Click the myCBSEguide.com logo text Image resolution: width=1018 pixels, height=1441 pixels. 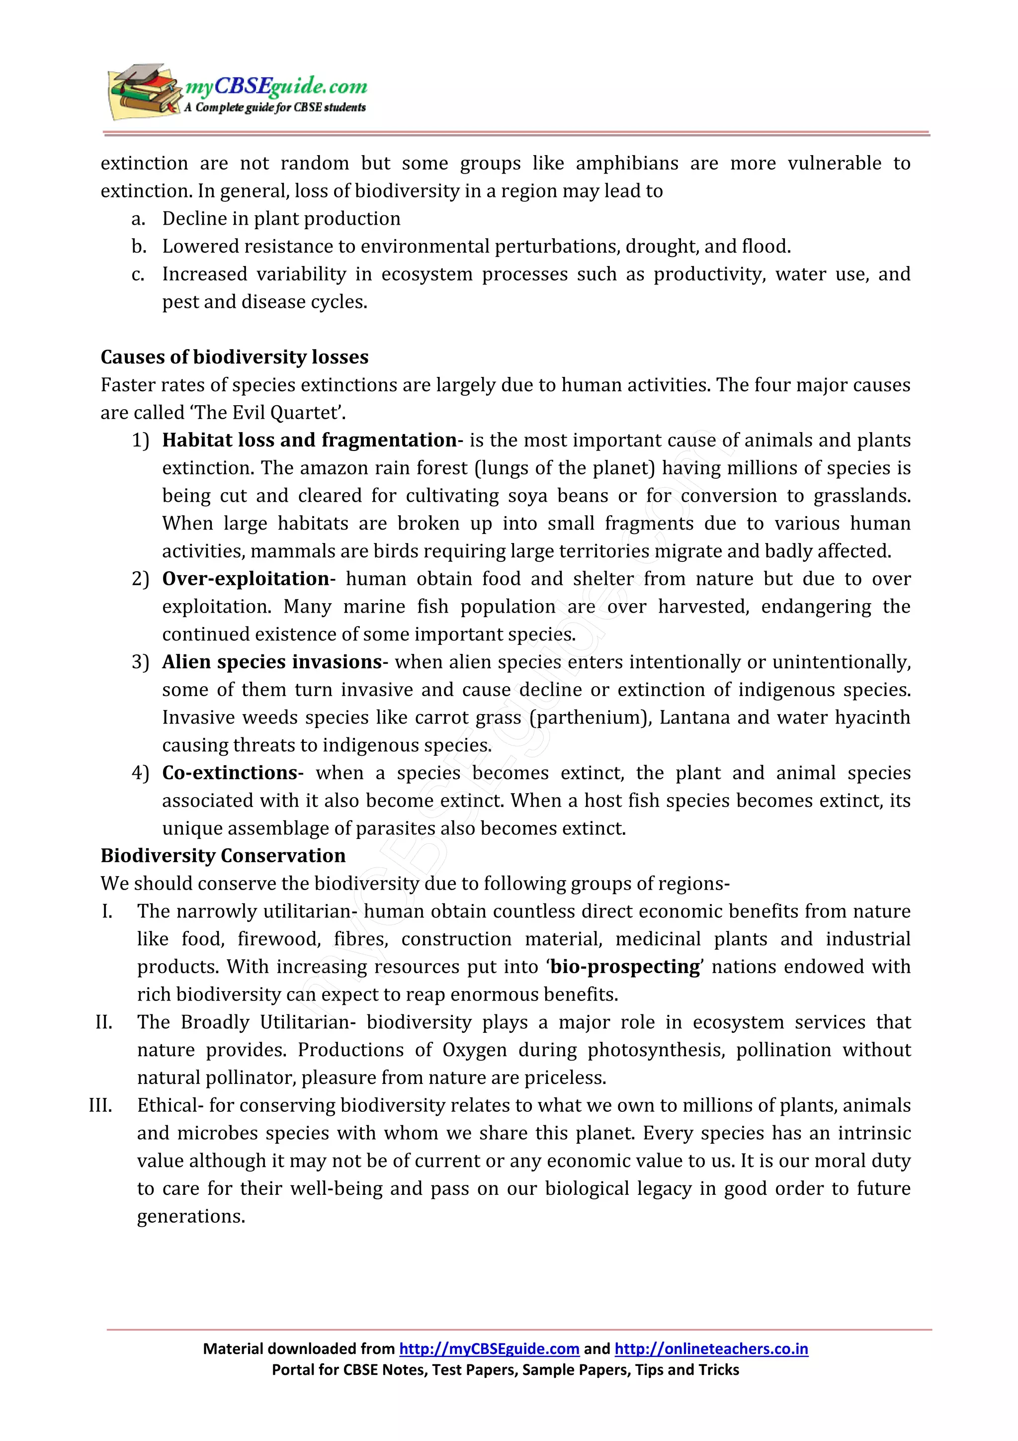276,87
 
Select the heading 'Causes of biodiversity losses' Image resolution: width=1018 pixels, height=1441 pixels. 234,357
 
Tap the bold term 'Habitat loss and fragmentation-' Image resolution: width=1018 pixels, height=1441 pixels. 312,440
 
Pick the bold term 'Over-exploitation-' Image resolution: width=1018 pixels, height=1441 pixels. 249,579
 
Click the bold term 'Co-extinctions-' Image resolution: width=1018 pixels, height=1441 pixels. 232,773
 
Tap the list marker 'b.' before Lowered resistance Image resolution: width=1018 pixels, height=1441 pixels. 139,247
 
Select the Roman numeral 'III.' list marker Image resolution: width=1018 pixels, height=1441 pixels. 101,1105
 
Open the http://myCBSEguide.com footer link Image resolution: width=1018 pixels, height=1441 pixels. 489,1349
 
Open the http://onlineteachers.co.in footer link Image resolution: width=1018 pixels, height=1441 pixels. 711,1349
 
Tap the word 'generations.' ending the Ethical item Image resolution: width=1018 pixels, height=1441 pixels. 191,1216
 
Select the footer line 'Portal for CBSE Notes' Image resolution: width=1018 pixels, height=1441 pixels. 505,1369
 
